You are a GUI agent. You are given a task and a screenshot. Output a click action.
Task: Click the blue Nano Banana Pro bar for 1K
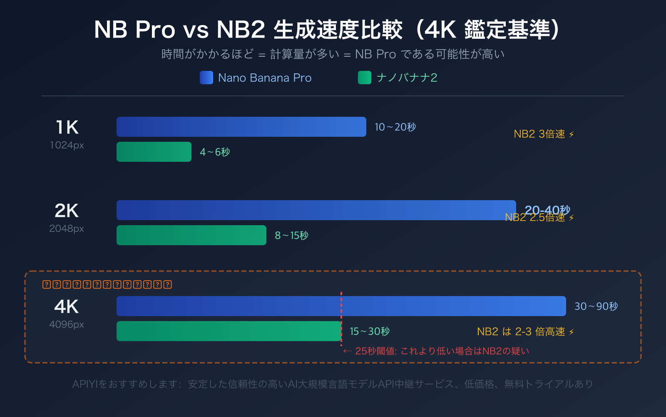pos(241,127)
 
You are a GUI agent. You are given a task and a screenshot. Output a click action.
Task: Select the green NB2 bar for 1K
pos(154,152)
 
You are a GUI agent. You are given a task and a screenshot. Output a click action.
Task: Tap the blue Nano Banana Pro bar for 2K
pos(316,210)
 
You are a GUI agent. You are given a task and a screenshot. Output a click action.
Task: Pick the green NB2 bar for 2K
pos(191,235)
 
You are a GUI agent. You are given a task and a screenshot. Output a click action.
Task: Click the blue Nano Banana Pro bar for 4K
pos(341,306)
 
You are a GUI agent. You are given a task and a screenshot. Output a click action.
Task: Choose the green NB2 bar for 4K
pos(229,331)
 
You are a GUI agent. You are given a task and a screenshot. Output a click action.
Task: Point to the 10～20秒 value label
pos(395,127)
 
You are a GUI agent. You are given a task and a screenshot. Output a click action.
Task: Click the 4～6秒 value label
pos(215,152)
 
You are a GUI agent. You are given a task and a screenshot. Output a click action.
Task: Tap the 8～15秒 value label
pos(291,236)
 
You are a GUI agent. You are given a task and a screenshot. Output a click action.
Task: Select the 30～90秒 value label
pos(596,306)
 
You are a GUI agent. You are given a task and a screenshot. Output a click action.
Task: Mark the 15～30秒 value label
pos(370,332)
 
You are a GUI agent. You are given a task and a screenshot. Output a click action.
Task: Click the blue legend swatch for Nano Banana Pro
pos(206,78)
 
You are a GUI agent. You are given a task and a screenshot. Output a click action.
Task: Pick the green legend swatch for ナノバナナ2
pos(365,78)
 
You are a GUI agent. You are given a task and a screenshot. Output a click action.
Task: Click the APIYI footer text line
pos(333,384)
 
